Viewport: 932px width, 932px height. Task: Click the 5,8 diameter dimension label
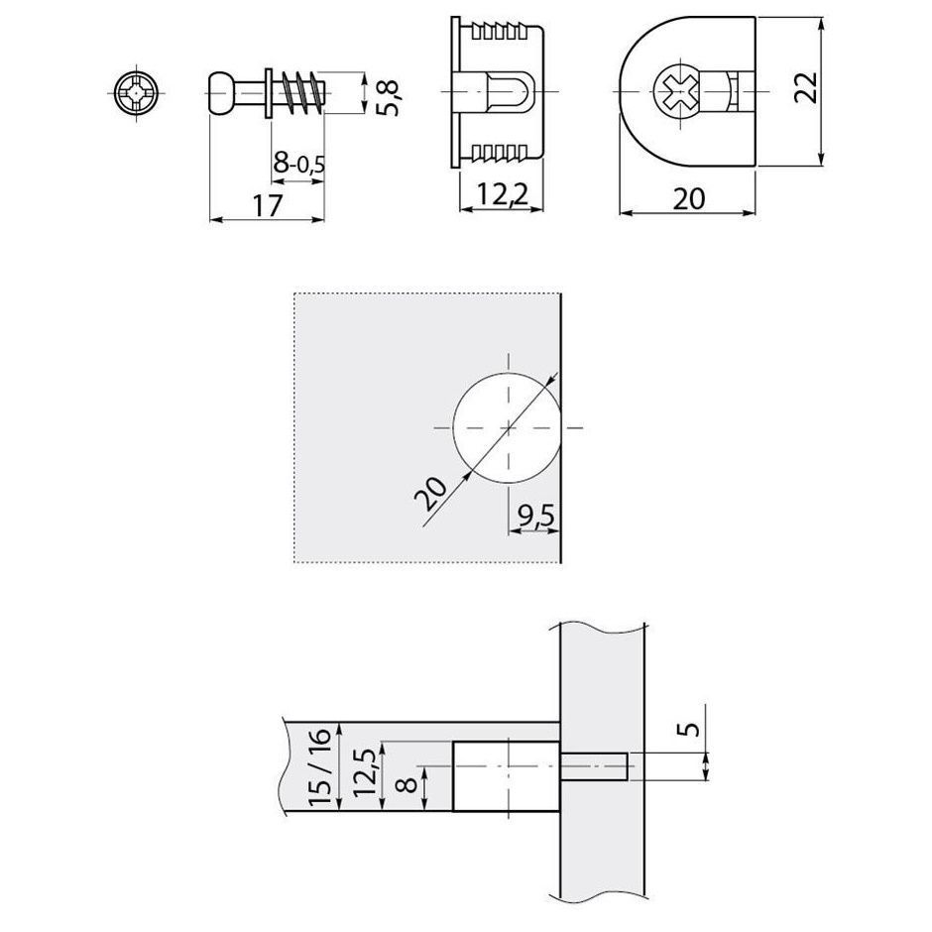[391, 94]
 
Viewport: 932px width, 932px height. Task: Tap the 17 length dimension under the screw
[267, 206]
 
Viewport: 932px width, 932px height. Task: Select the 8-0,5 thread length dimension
[299, 162]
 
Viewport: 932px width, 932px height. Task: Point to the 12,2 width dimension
[503, 194]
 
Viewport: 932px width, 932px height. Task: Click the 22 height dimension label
[805, 88]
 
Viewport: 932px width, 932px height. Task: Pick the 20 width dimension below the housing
[688, 199]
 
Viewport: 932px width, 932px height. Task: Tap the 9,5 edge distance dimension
[535, 516]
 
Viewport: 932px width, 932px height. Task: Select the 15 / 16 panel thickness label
[320, 766]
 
